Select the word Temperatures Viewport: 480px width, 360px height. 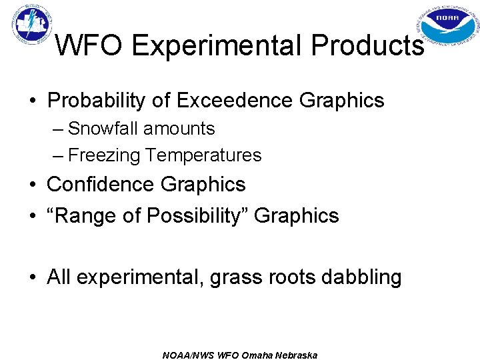tap(203, 155)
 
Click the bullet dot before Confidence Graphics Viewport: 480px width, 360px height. tap(33, 185)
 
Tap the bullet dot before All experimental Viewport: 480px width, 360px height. tap(33, 277)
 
